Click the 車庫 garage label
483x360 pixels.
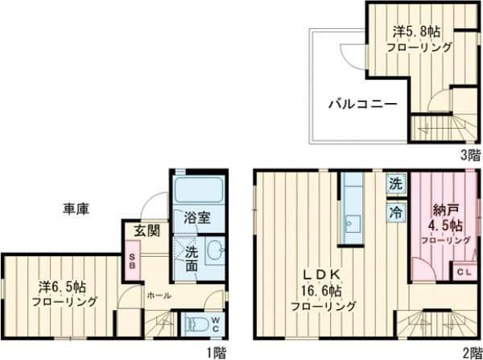coord(76,209)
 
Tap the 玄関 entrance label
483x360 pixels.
coord(147,231)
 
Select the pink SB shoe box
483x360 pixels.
coord(133,261)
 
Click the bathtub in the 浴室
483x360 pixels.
coord(198,189)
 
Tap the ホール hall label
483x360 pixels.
coord(159,296)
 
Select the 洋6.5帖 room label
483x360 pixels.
coord(62,288)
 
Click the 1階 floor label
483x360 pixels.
coord(217,353)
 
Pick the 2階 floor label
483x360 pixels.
coord(473,353)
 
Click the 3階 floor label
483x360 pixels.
coord(471,155)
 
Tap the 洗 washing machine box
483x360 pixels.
coord(396,184)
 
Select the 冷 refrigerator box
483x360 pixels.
coord(396,212)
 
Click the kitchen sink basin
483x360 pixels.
coord(353,224)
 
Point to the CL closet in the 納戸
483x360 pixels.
coord(464,271)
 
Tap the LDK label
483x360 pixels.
coord(321,274)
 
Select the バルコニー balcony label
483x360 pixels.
coord(363,105)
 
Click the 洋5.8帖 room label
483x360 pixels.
coord(416,31)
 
